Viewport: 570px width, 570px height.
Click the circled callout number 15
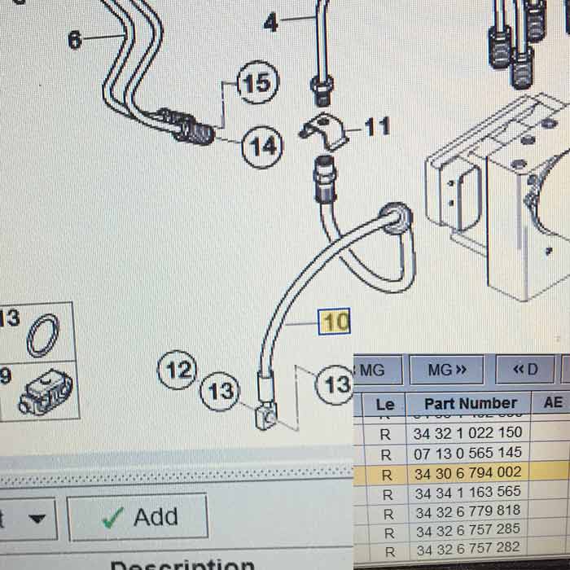click(x=257, y=83)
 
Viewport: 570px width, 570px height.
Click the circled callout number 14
click(x=262, y=147)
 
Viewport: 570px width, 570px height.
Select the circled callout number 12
click(x=178, y=371)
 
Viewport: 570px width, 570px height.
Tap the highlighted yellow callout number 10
click(x=335, y=322)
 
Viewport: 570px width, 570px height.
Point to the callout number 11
click(x=376, y=127)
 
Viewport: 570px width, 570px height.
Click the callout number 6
click(x=75, y=39)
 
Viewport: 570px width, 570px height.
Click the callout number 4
click(x=270, y=22)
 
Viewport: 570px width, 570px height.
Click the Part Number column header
click(x=471, y=403)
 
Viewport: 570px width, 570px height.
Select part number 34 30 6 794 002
click(x=467, y=472)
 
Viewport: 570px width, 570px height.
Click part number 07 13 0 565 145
click(x=467, y=453)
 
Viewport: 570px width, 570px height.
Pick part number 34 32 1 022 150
click(x=467, y=433)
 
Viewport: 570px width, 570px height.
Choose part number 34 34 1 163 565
click(x=467, y=492)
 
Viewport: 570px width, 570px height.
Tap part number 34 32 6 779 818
click(x=467, y=511)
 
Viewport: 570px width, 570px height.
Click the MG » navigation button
click(x=448, y=370)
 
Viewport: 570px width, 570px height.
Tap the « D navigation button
click(x=525, y=370)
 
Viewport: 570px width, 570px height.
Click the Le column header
click(x=386, y=403)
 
